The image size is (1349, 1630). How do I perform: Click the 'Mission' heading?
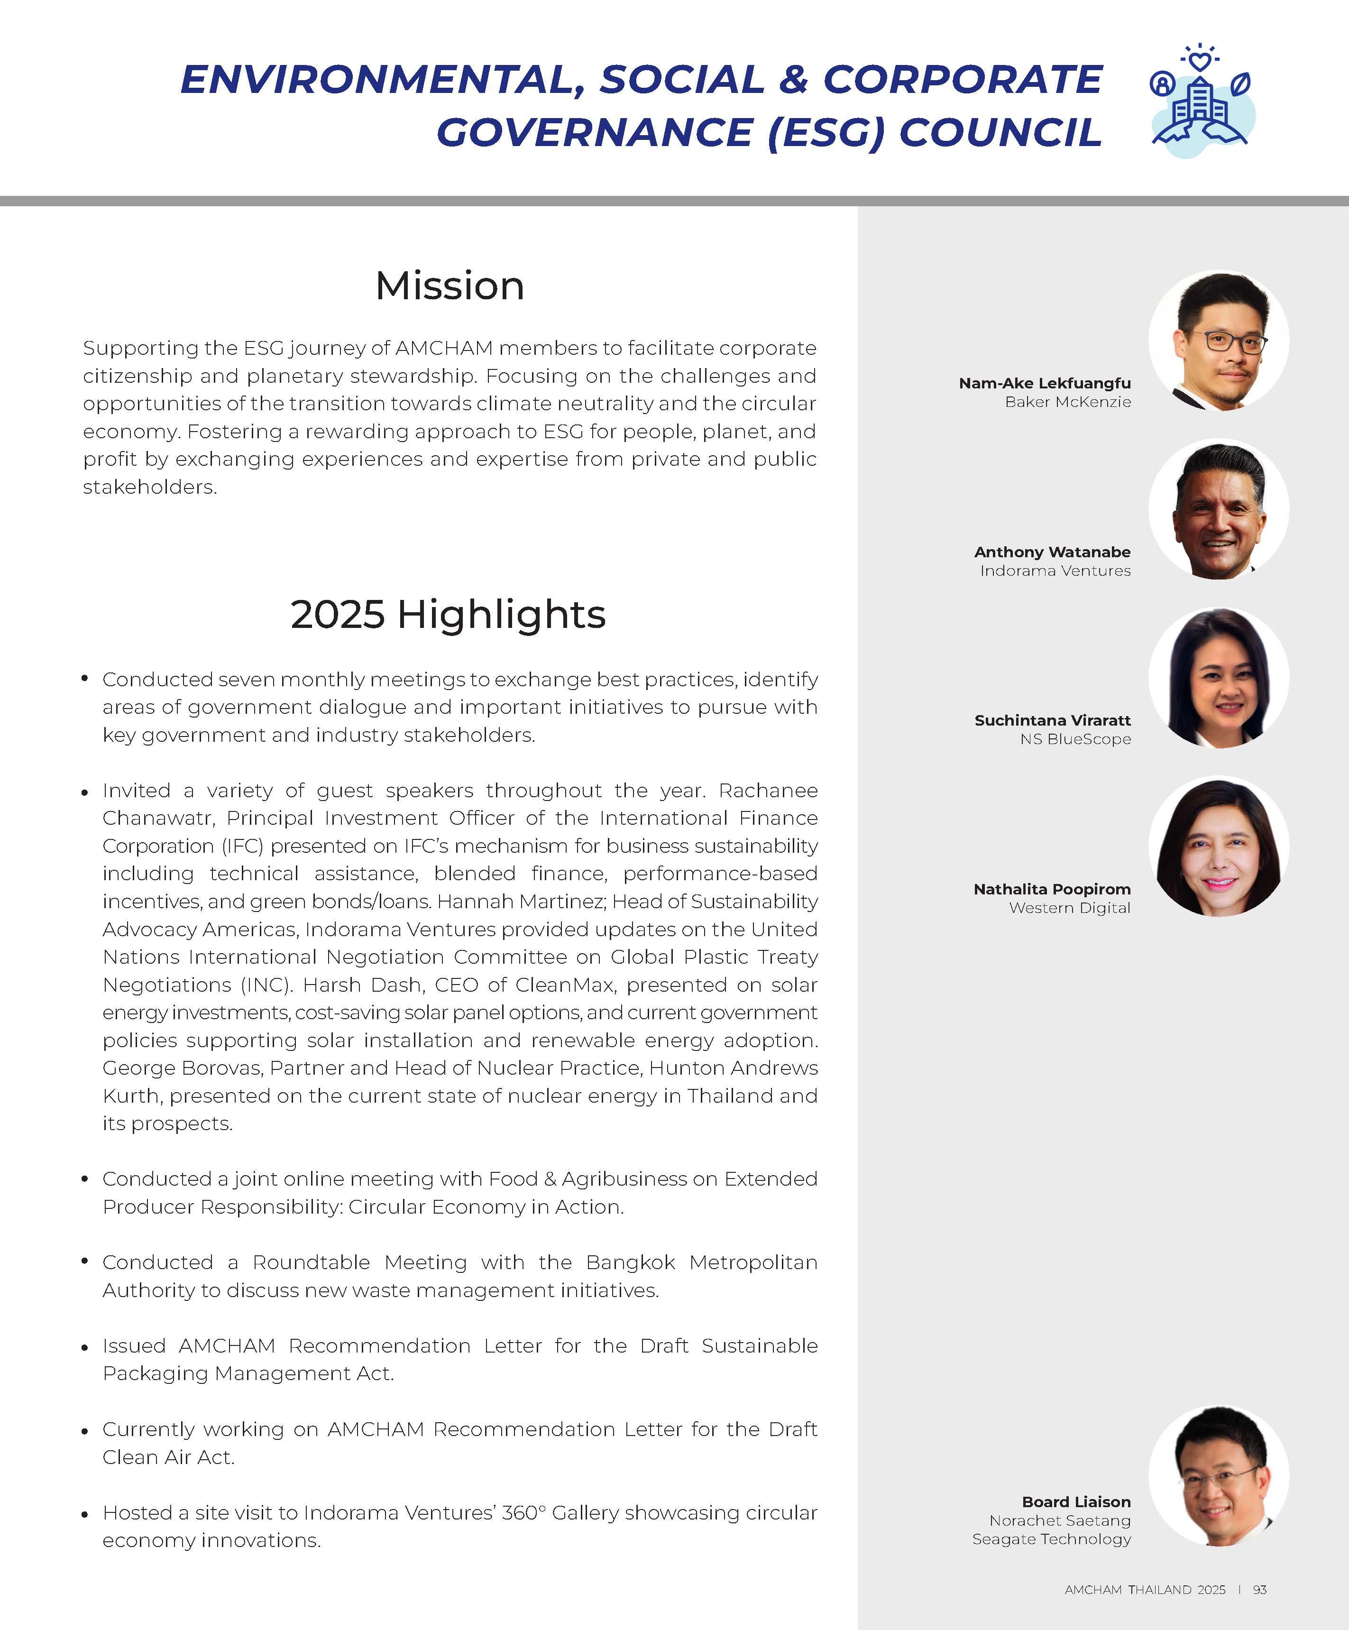(x=450, y=285)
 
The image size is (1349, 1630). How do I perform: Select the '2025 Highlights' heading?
(x=448, y=615)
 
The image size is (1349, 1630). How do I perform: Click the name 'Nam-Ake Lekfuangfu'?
(x=1044, y=384)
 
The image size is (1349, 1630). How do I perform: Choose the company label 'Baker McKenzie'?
(x=1067, y=402)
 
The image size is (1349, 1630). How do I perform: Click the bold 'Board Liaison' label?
(x=1076, y=1502)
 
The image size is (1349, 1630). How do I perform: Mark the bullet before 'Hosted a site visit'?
(x=84, y=1514)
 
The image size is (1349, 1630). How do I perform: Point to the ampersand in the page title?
(x=793, y=80)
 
